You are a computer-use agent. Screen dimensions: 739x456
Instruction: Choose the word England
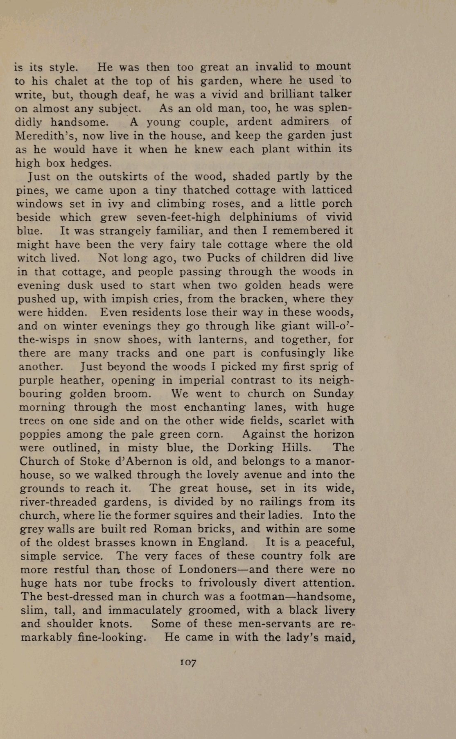(223, 542)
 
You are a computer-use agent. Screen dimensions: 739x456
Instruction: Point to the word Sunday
(333, 394)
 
